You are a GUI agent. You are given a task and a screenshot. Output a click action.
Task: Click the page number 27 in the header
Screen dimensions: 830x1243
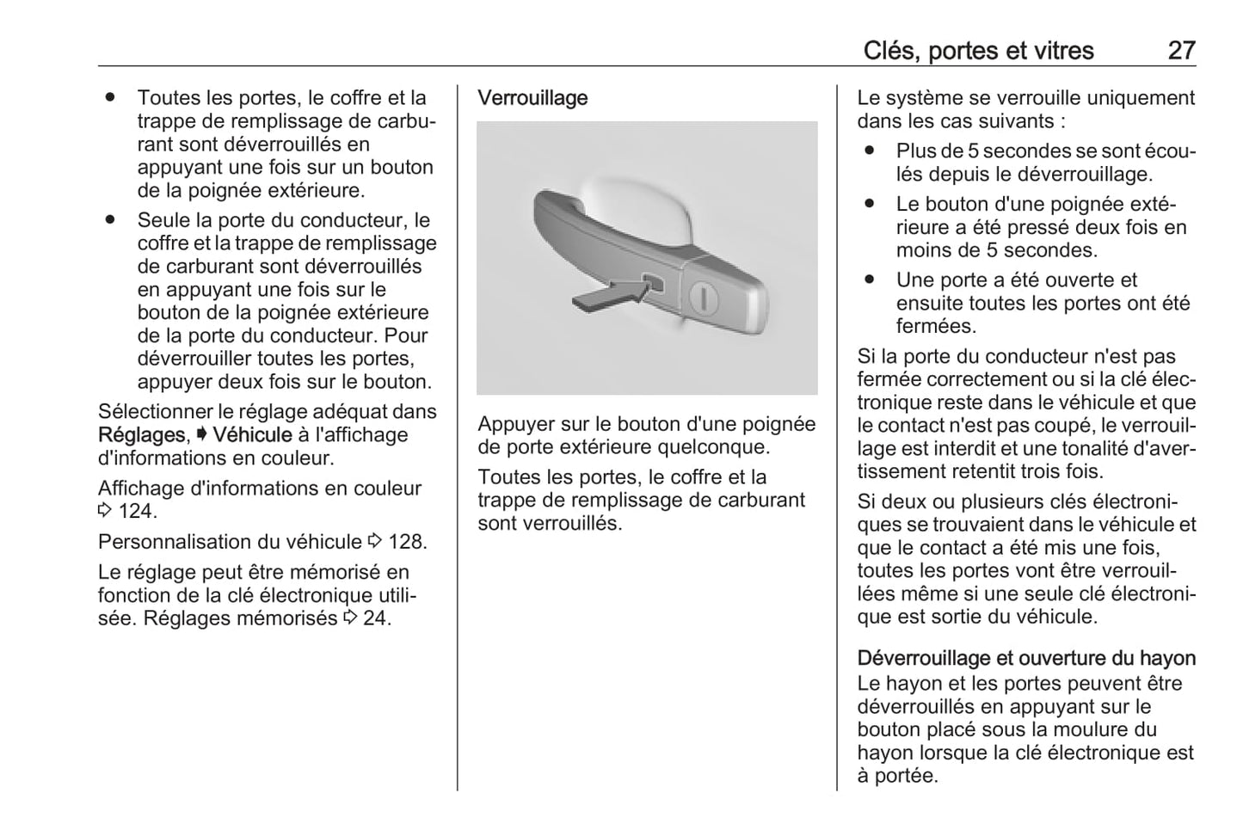[x=1181, y=51]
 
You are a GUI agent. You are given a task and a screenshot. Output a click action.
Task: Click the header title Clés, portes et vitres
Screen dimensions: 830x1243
[x=978, y=51]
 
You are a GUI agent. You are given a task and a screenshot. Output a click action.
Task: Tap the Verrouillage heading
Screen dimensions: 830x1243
[x=532, y=98]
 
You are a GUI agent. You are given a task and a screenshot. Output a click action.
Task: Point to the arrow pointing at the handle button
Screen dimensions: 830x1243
[x=608, y=295]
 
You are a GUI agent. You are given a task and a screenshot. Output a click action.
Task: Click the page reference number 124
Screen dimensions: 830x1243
[x=138, y=512]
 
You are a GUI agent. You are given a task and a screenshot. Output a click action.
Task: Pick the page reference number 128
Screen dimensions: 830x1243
[x=407, y=542]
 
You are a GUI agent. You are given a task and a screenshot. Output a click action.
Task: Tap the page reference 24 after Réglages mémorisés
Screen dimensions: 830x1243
[x=377, y=618]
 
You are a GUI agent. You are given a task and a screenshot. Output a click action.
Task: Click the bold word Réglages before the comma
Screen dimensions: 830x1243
[x=141, y=435]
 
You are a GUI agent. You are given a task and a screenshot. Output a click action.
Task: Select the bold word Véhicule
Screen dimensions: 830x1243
[x=252, y=435]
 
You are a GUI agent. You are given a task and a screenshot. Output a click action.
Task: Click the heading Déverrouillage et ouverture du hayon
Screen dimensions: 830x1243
[x=1026, y=659]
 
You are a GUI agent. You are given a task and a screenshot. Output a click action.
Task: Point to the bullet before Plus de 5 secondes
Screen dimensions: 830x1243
[x=870, y=151]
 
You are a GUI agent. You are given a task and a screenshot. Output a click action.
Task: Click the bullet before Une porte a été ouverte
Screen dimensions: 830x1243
[x=870, y=280]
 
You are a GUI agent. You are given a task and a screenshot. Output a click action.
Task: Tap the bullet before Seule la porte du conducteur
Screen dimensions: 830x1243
[x=110, y=220]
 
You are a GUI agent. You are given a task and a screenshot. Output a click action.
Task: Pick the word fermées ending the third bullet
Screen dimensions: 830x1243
[x=936, y=327]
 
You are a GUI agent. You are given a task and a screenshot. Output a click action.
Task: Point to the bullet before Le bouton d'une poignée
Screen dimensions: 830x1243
[x=870, y=204]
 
